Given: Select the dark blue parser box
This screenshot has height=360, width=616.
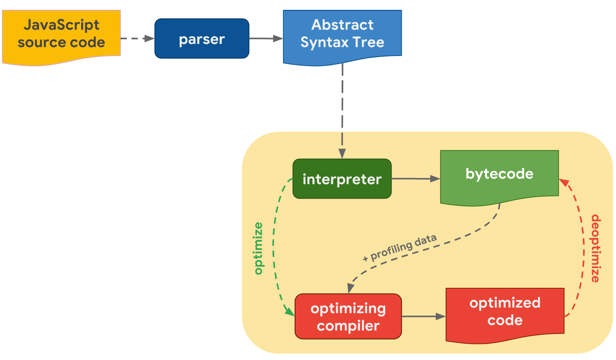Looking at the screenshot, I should pos(202,39).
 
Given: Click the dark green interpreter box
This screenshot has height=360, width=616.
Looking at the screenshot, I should pos(342,179).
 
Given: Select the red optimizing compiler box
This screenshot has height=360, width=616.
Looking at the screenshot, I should pos(348,317).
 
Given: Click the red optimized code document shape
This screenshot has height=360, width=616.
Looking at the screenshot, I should pos(504,313).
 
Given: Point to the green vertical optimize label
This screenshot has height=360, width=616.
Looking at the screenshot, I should pos(258,247).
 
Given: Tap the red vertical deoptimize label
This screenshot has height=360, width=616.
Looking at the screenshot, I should pos(595,248).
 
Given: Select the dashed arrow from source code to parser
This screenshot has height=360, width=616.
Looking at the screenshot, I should pos(137,39).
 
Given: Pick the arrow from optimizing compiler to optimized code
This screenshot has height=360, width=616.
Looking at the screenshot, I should pos(424,317).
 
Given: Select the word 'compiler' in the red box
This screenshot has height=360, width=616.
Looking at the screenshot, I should pos(348,325).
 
